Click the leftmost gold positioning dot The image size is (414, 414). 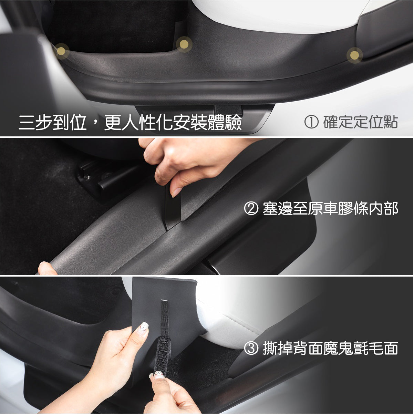[x=61, y=51]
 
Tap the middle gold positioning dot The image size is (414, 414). [x=184, y=44]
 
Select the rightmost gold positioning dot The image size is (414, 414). [x=354, y=55]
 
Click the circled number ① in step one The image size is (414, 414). [x=311, y=122]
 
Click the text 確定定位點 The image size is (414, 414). [x=360, y=122]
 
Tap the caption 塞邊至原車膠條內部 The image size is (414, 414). [x=330, y=208]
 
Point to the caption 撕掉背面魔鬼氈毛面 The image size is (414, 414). [x=330, y=349]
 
